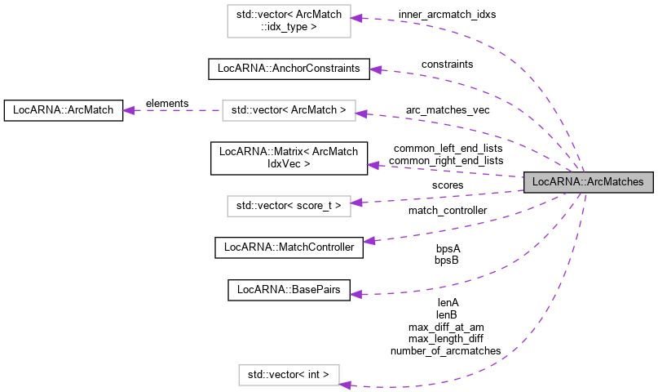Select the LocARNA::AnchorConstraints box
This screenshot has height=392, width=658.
(289, 69)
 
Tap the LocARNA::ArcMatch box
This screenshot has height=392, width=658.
(64, 109)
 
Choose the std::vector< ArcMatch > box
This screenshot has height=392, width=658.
(289, 109)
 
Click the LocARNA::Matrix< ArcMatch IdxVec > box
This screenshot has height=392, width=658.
(289, 158)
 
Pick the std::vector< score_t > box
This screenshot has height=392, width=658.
(289, 206)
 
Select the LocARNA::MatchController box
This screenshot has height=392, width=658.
(289, 247)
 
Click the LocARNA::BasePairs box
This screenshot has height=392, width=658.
(289, 290)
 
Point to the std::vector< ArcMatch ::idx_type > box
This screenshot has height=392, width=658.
(289, 20)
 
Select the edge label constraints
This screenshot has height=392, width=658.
(447, 64)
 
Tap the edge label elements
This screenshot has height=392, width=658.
(166, 104)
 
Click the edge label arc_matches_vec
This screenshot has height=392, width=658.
(448, 110)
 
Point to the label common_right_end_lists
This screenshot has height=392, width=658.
(446, 161)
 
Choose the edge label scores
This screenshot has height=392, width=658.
(448, 185)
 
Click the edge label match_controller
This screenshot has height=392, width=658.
(448, 211)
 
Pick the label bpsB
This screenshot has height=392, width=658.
(447, 261)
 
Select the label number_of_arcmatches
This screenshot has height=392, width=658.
(446, 351)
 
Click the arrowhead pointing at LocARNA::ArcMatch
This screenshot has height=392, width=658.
(128, 109)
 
